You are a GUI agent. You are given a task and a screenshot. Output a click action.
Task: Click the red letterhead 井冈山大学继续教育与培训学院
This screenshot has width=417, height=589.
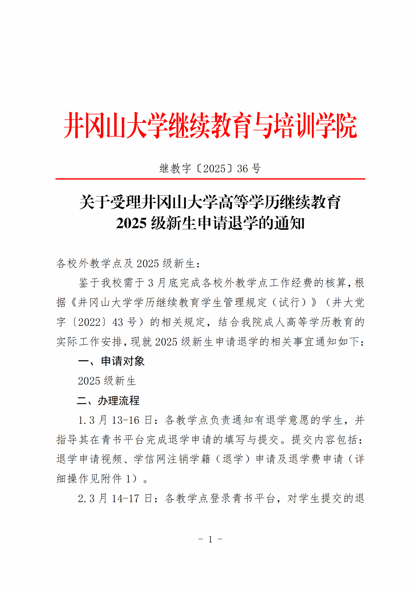[x=210, y=125]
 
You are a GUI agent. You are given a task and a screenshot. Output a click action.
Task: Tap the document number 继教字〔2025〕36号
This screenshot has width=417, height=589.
[x=210, y=168]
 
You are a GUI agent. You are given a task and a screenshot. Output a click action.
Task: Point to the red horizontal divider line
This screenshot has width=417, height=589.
[x=210, y=179]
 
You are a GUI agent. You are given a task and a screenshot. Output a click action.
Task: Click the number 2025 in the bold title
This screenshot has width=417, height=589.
[x=131, y=223]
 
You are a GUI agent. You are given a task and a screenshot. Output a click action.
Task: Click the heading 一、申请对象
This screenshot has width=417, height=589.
[x=111, y=361]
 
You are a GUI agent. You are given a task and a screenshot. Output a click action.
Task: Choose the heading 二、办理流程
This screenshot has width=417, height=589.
[x=108, y=400]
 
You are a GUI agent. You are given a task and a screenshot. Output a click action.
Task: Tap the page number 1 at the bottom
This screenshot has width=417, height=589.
[x=210, y=539]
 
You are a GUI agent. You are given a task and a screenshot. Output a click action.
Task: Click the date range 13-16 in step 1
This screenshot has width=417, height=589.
[x=126, y=420]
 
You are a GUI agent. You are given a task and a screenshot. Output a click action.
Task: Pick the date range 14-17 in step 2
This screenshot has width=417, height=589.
[x=126, y=498]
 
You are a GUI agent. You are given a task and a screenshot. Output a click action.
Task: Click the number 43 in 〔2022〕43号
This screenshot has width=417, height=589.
[x=117, y=322]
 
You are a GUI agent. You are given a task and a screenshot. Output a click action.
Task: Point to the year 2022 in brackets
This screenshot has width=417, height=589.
[x=89, y=322]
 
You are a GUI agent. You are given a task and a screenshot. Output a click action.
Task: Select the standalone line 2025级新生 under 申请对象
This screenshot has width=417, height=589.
[x=107, y=381]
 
